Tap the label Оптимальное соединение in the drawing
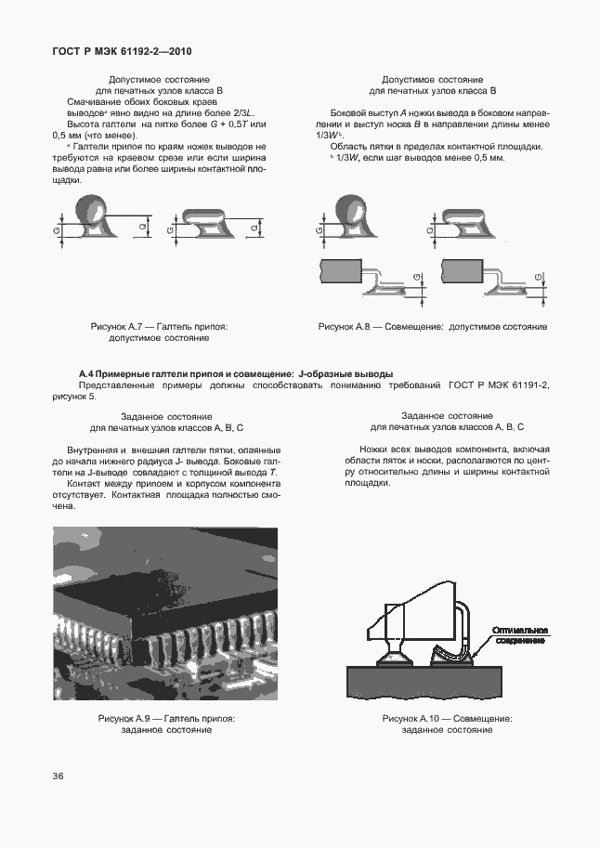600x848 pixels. [520, 634]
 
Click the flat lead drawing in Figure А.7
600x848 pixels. [209, 221]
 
